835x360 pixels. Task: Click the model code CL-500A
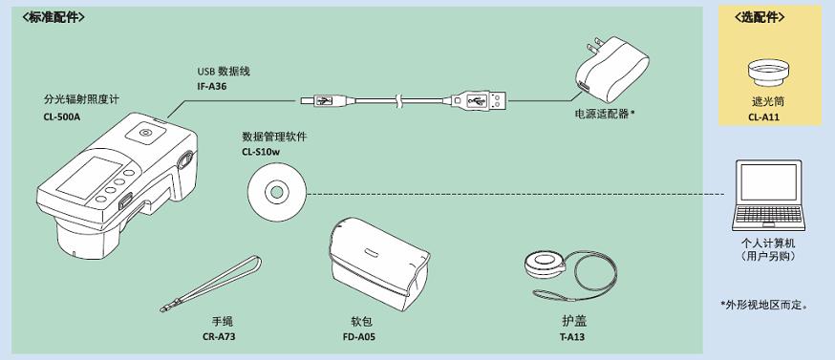(62, 116)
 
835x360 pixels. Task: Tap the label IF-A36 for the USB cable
(212, 86)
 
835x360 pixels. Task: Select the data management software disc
(276, 191)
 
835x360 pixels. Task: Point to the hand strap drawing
(211, 284)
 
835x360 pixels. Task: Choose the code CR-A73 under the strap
(219, 336)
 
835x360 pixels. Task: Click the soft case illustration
(378, 265)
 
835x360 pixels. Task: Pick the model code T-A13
(572, 336)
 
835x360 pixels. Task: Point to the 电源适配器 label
(605, 114)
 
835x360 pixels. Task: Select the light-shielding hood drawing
(768, 73)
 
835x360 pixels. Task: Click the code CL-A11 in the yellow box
(765, 116)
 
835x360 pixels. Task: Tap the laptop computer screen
(769, 182)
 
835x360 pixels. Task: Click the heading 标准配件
(54, 17)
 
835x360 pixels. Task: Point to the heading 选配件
(760, 17)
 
